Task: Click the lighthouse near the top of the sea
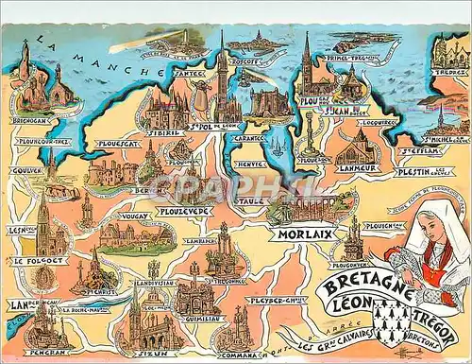(185, 40)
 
